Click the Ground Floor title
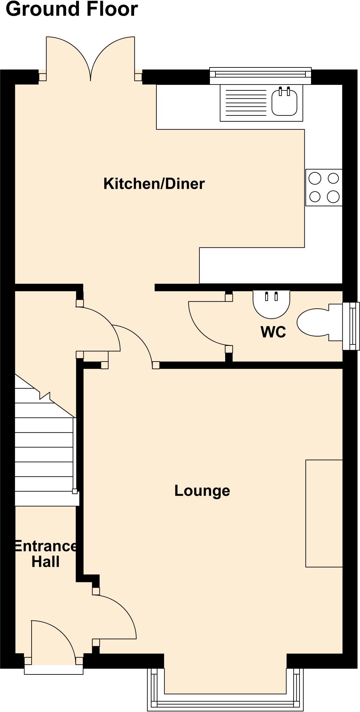click(x=72, y=9)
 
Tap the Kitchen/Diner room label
click(x=154, y=184)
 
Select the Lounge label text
click(x=202, y=491)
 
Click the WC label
click(x=273, y=332)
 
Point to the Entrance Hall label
click(x=46, y=554)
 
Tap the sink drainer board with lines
click(x=246, y=103)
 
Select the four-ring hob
click(x=324, y=187)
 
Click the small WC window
click(x=351, y=326)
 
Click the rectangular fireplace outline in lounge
click(x=324, y=513)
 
